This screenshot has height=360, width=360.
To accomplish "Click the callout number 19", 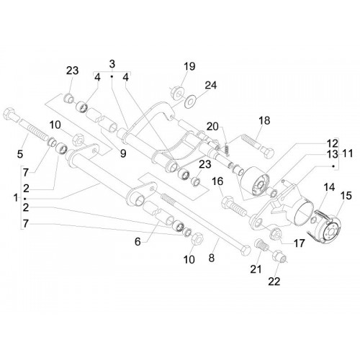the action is pyautogui.click(x=189, y=66).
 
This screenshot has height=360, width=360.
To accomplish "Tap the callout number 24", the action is pyautogui.click(x=211, y=85).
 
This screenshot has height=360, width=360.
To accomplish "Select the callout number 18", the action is pyautogui.click(x=264, y=120).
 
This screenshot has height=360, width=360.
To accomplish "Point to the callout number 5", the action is pyautogui.click(x=20, y=154).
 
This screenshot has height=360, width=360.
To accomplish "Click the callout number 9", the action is pyautogui.click(x=123, y=153).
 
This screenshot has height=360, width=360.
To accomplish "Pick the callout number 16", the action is pyautogui.click(x=217, y=181).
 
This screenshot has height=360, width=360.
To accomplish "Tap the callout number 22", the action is pyautogui.click(x=274, y=282).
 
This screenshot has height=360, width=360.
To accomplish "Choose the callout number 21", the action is pyautogui.click(x=256, y=269).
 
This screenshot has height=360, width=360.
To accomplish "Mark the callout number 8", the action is pyautogui.click(x=212, y=258).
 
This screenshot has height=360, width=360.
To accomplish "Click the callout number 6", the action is pyautogui.click(x=138, y=242).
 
